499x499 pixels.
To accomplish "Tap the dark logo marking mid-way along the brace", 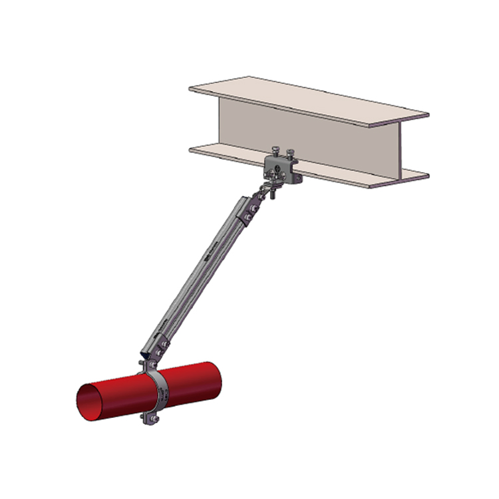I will tap(209, 256).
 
